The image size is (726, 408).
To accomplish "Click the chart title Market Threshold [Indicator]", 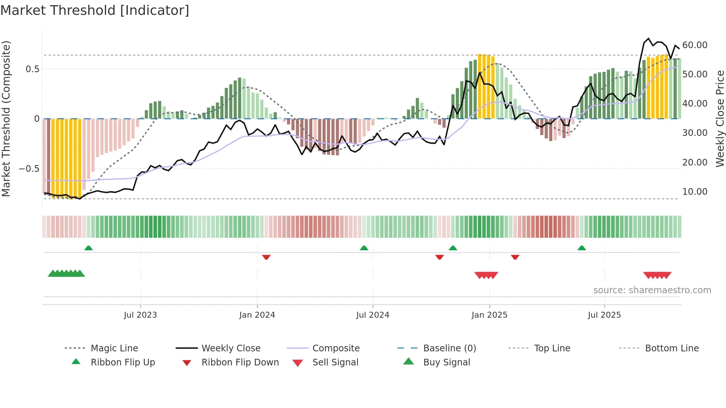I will [x=95, y=10].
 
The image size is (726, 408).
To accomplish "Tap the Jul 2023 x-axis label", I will [x=140, y=315].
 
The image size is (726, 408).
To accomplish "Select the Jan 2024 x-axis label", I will [x=257, y=315].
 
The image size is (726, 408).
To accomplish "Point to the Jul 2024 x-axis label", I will [x=373, y=315].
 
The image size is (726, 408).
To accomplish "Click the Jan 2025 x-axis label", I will [x=489, y=315].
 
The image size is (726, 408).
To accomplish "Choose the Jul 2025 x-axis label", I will [x=604, y=315].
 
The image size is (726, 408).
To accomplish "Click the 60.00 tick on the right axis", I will [x=695, y=45].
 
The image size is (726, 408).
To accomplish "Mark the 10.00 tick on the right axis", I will [x=695, y=192].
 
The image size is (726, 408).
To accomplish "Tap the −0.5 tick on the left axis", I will [x=29, y=169].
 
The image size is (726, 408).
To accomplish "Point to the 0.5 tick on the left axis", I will [x=32, y=69].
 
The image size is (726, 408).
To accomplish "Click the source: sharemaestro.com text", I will [x=652, y=290].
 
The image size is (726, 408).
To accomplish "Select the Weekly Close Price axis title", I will [x=720, y=118].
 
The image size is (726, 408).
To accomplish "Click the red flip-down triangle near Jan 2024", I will [x=266, y=257].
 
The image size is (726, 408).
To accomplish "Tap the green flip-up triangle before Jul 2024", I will [x=364, y=248].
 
